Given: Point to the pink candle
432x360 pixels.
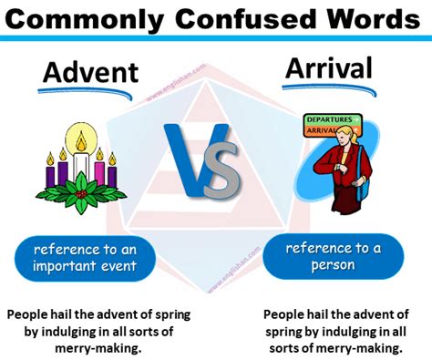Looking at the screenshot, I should [98, 169].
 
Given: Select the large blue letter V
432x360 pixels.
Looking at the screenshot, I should [189, 158].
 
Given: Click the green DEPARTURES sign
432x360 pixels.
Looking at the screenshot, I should [334, 119].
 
